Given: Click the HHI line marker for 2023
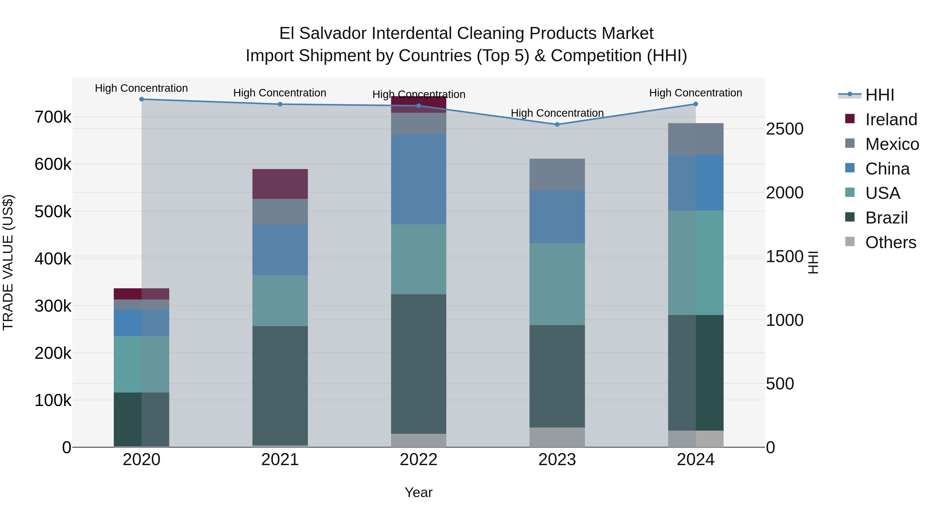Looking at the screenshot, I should (x=557, y=124).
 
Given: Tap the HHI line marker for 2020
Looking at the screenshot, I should (x=142, y=99).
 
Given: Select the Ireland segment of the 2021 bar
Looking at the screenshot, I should (x=280, y=184).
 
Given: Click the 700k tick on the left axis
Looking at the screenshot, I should (x=53, y=117).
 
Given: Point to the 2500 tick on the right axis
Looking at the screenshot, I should (x=784, y=129).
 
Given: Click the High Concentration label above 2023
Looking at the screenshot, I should (x=557, y=113).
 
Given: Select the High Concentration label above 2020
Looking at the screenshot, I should (x=141, y=88).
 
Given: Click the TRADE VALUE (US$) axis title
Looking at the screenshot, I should (x=8, y=262).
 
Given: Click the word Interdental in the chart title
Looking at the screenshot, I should (x=412, y=33).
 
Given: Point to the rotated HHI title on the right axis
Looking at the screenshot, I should (x=813, y=262).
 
